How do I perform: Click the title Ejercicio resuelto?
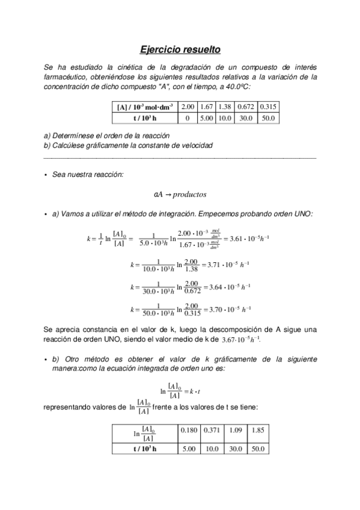(180, 48)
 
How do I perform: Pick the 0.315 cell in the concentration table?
(269, 107)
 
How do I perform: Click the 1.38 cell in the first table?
(225, 107)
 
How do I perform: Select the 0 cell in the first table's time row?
(188, 118)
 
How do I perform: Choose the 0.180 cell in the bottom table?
(189, 431)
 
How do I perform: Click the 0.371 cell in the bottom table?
(211, 431)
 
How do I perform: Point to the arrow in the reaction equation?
(168, 195)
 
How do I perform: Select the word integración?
(169, 214)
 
